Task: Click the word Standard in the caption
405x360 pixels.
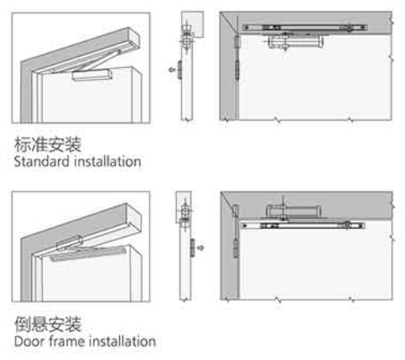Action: [x=42, y=162]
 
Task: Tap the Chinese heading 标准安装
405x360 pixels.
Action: [x=48, y=144]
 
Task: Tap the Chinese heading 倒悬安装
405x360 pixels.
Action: [x=48, y=324]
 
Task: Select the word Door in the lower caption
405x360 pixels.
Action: [x=30, y=342]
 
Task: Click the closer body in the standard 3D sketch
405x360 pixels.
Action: [x=92, y=75]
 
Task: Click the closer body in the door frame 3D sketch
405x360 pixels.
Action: [x=70, y=243]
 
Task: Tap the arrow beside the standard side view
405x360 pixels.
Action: [x=172, y=70]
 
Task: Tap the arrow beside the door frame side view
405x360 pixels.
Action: [x=200, y=248]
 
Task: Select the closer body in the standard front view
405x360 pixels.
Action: [x=296, y=41]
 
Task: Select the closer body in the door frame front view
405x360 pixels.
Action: [x=293, y=211]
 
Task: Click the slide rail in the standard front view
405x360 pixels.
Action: [x=304, y=28]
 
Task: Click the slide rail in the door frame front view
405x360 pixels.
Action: [x=303, y=226]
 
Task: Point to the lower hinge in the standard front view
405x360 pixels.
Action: [x=237, y=70]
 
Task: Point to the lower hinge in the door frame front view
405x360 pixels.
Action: [x=236, y=248]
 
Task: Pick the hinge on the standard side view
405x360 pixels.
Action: [x=179, y=70]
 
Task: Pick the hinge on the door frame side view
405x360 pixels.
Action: [x=193, y=248]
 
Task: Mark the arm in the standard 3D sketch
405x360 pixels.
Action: [x=101, y=60]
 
